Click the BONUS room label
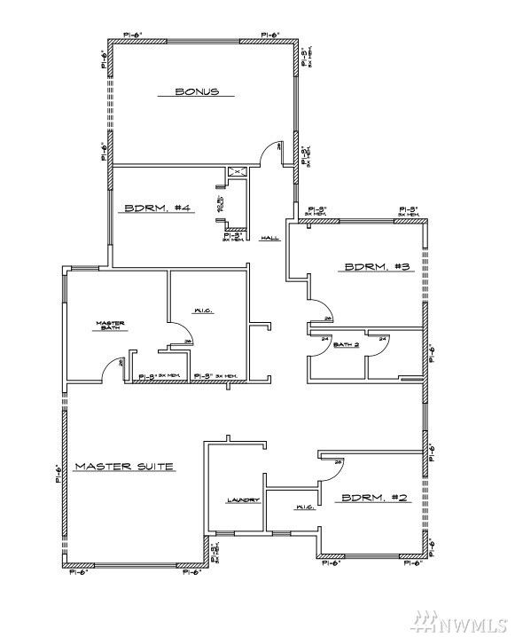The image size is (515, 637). [196, 90]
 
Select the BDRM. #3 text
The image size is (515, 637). [376, 266]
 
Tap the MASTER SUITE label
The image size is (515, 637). [123, 466]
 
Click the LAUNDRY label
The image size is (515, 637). [242, 500]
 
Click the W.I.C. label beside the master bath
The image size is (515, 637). [204, 311]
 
